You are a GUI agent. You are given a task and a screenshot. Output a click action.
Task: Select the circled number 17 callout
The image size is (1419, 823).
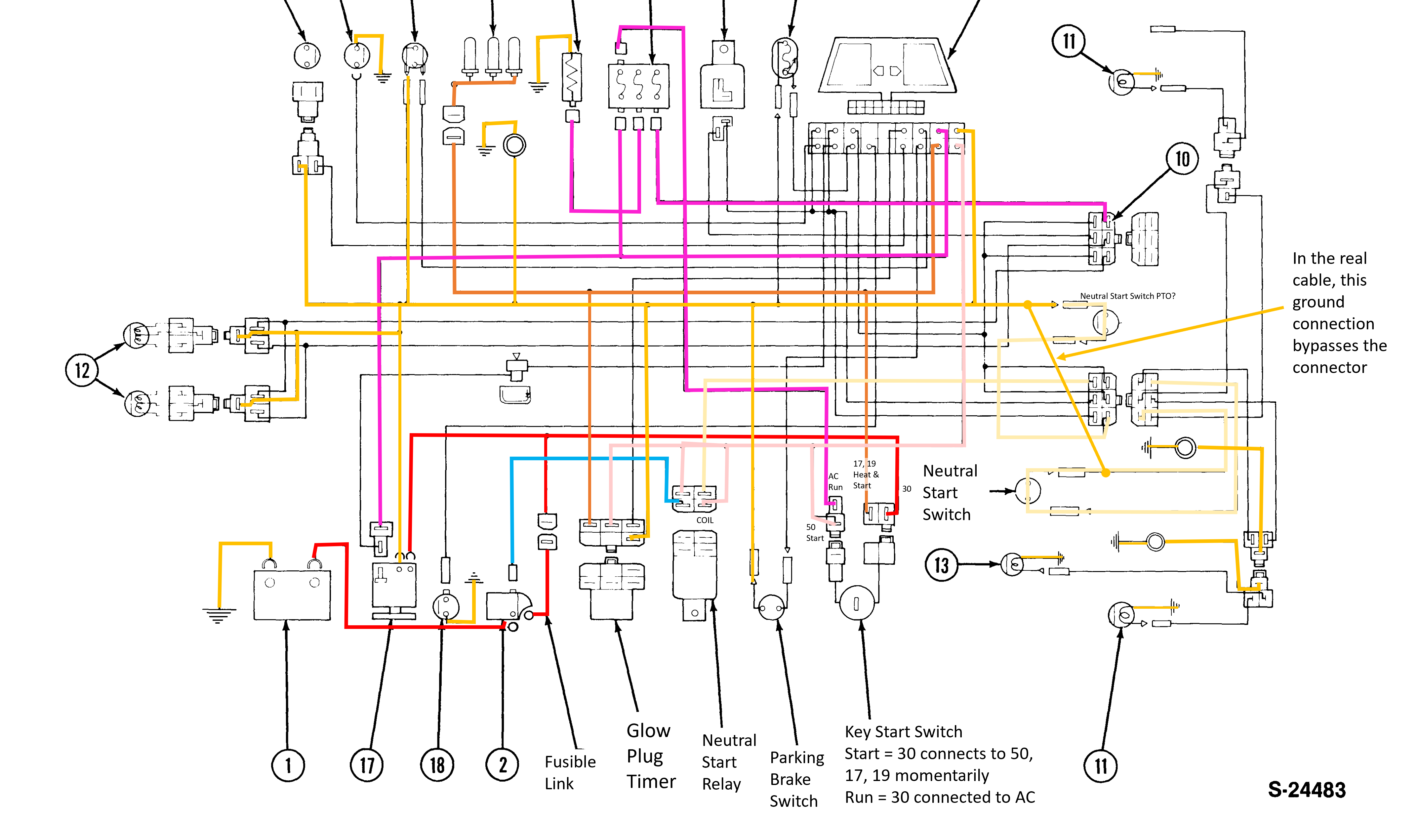coord(367,765)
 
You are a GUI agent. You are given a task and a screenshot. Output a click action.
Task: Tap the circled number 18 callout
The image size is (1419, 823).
coord(437,765)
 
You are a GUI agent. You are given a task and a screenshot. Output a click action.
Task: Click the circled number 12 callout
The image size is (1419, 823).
coord(82,370)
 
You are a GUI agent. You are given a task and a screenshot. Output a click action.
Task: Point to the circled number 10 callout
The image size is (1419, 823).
coord(1182,158)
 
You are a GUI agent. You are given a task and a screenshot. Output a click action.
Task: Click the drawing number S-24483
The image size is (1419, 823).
coord(1306,790)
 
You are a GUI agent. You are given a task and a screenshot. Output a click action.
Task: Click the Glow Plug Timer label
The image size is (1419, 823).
coord(650,756)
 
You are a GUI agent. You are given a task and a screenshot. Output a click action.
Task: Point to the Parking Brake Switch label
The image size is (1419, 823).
coord(796,779)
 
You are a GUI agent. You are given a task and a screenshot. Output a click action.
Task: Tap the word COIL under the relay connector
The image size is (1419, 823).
coord(705,520)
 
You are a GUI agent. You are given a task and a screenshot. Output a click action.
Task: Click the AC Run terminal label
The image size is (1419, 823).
coord(834,482)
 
